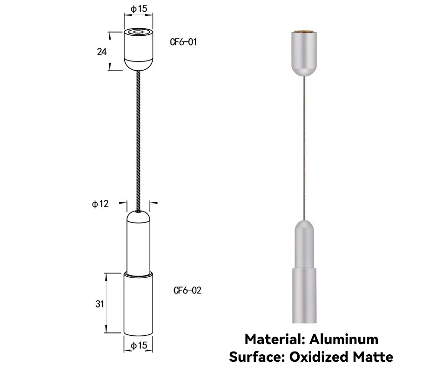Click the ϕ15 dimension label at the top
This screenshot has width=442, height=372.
click(x=139, y=9)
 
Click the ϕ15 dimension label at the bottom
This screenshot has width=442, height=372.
click(x=139, y=345)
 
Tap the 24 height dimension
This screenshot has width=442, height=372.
click(x=102, y=52)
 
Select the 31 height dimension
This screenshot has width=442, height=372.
click(x=100, y=304)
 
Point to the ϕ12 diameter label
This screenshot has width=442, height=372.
click(x=100, y=204)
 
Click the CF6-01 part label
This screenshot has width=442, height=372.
click(x=183, y=42)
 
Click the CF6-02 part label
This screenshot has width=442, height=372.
click(x=188, y=290)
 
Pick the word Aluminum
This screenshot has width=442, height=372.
click(x=344, y=339)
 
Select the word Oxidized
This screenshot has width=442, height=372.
click(x=319, y=357)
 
